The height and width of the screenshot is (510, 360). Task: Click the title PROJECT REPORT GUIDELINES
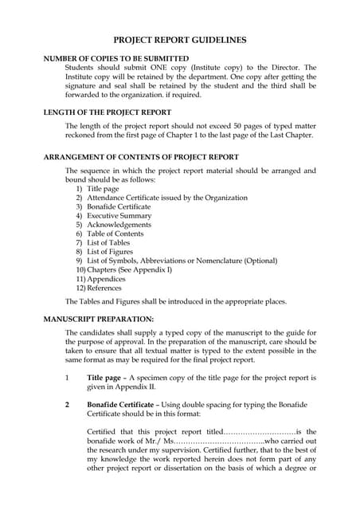point(179,39)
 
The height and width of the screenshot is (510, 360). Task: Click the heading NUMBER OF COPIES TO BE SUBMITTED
point(115,58)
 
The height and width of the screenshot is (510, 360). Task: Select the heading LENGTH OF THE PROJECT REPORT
point(107,112)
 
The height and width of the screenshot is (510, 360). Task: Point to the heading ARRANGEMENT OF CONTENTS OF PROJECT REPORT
point(140,157)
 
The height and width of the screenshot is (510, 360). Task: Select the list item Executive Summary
point(119,216)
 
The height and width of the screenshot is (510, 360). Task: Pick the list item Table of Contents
point(119,234)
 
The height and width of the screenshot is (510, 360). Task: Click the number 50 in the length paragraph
point(259,126)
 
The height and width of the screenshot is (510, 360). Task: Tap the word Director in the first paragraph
point(285,69)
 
